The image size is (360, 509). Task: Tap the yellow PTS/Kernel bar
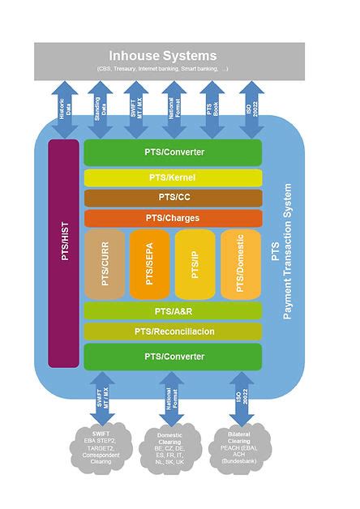click(173, 178)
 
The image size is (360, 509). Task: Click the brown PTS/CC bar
click(173, 198)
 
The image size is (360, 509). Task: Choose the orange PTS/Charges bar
click(173, 218)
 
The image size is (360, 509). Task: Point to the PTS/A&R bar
click(173, 310)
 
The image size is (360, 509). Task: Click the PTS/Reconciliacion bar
click(173, 331)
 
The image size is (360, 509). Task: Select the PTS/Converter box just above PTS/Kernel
click(173, 152)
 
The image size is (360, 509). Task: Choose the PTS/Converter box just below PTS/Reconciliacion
click(173, 357)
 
